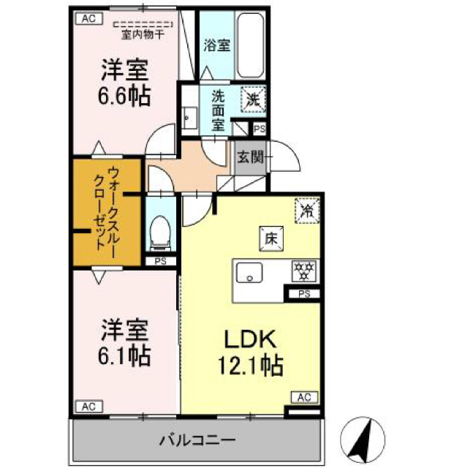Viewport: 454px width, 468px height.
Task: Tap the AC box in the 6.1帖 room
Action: click(x=87, y=406)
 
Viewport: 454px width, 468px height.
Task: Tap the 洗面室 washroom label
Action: click(x=218, y=110)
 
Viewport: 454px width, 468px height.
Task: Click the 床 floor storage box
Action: click(x=269, y=238)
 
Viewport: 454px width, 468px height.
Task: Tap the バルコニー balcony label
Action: click(x=197, y=440)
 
